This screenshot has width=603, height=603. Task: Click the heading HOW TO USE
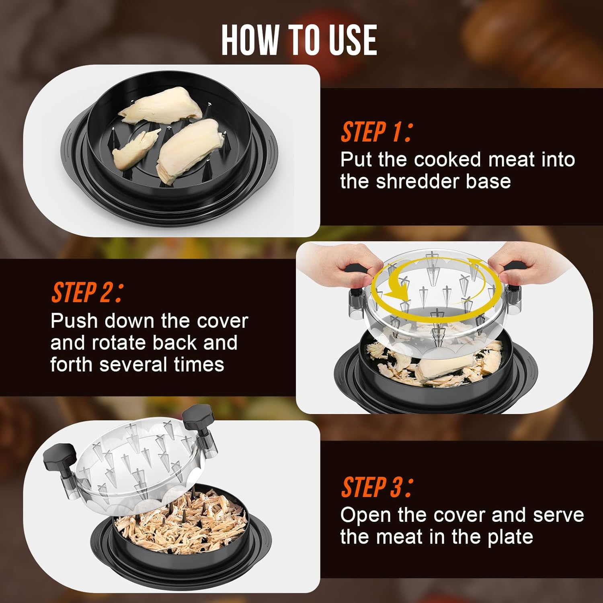(299, 40)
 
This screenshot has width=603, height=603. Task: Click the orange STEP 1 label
(376, 132)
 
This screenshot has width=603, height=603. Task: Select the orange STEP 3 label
(376, 487)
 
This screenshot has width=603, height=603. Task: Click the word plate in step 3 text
(510, 537)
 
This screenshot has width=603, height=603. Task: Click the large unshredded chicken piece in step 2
(446, 367)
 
